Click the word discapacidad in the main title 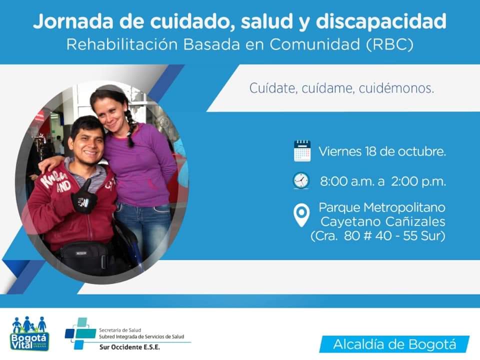[x=381, y=22]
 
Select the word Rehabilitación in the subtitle [x=122, y=44]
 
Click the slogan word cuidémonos [x=396, y=88]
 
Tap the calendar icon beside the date [x=302, y=151]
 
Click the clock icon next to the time [x=301, y=180]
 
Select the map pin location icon [x=301, y=215]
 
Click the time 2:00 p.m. [x=418, y=181]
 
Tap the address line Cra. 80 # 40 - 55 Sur [x=378, y=235]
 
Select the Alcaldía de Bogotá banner [x=394, y=344]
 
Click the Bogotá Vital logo [x=29, y=333]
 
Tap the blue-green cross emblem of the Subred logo [x=80, y=333]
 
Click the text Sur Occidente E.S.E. [x=129, y=347]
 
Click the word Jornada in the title [x=74, y=22]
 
